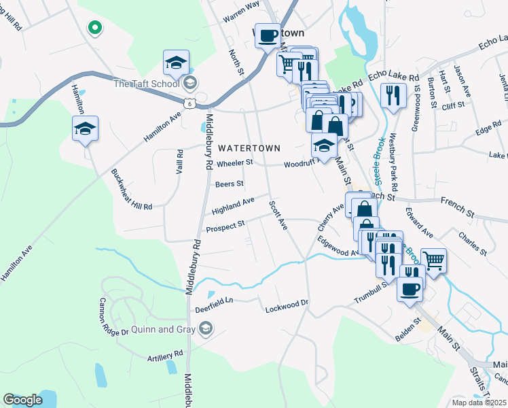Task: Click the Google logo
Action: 22,400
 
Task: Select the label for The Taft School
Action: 146,84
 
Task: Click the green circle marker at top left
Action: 95,28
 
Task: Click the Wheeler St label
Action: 234,163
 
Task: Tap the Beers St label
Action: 229,184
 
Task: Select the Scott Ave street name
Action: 278,215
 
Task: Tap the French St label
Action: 456,202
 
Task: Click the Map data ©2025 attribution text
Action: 479,403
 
